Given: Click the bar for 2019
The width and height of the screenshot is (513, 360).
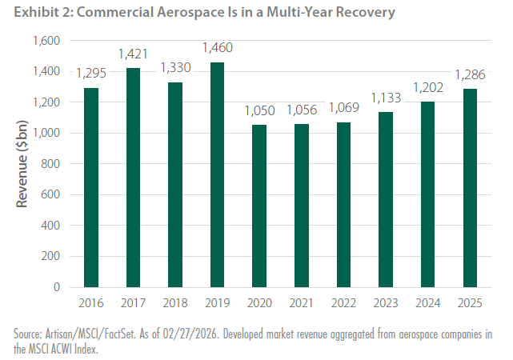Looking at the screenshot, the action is [217, 175].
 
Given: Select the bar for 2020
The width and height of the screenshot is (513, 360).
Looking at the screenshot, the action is [259, 206].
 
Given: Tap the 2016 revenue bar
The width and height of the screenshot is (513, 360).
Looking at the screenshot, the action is [91, 188].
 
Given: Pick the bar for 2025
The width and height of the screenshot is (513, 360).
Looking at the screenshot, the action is [470, 188].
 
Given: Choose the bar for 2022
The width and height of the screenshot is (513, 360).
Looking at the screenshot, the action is [343, 205].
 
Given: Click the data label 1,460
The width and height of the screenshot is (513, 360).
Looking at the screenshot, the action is [218, 48].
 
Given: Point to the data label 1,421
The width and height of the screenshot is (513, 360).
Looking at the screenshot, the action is [133, 54].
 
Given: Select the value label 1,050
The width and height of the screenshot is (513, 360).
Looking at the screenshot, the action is [260, 111].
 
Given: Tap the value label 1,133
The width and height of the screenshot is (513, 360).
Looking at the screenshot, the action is [386, 98].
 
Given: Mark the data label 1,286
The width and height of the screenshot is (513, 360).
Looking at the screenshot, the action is [471, 75].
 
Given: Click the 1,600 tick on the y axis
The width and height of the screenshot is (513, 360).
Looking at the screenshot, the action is [46, 41].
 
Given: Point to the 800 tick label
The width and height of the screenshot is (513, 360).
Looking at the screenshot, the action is [50, 164].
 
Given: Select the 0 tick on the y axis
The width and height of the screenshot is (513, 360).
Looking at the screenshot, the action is [57, 287].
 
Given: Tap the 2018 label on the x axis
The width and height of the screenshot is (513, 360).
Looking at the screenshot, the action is [175, 303].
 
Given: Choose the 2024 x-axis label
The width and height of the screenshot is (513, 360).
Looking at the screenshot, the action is [427, 303].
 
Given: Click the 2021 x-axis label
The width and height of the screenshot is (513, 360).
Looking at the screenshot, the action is [301, 303].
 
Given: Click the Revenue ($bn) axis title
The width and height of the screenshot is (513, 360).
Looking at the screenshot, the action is [22, 164].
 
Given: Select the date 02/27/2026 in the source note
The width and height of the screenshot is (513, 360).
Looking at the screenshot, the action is [190, 334].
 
